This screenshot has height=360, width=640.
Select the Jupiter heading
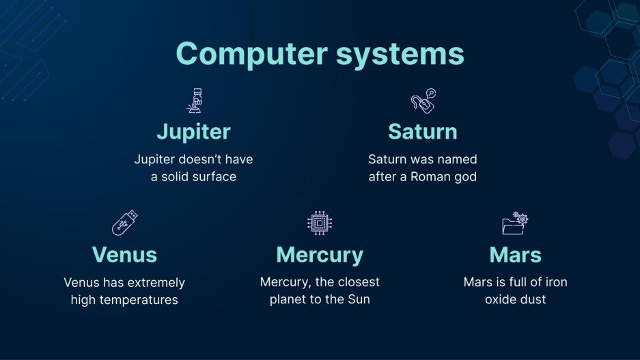(193, 131)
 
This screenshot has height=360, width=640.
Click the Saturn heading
(422, 131)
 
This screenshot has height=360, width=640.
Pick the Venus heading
(124, 255)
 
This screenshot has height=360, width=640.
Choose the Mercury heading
(320, 255)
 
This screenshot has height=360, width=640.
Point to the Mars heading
(515, 255)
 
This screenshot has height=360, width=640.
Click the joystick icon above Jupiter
(195, 100)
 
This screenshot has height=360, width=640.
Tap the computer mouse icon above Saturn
(423, 101)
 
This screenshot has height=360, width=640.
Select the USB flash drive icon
(125, 223)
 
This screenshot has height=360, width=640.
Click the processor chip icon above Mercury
(318, 223)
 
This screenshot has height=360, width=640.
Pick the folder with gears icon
(515, 223)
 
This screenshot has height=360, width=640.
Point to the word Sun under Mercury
(359, 299)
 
